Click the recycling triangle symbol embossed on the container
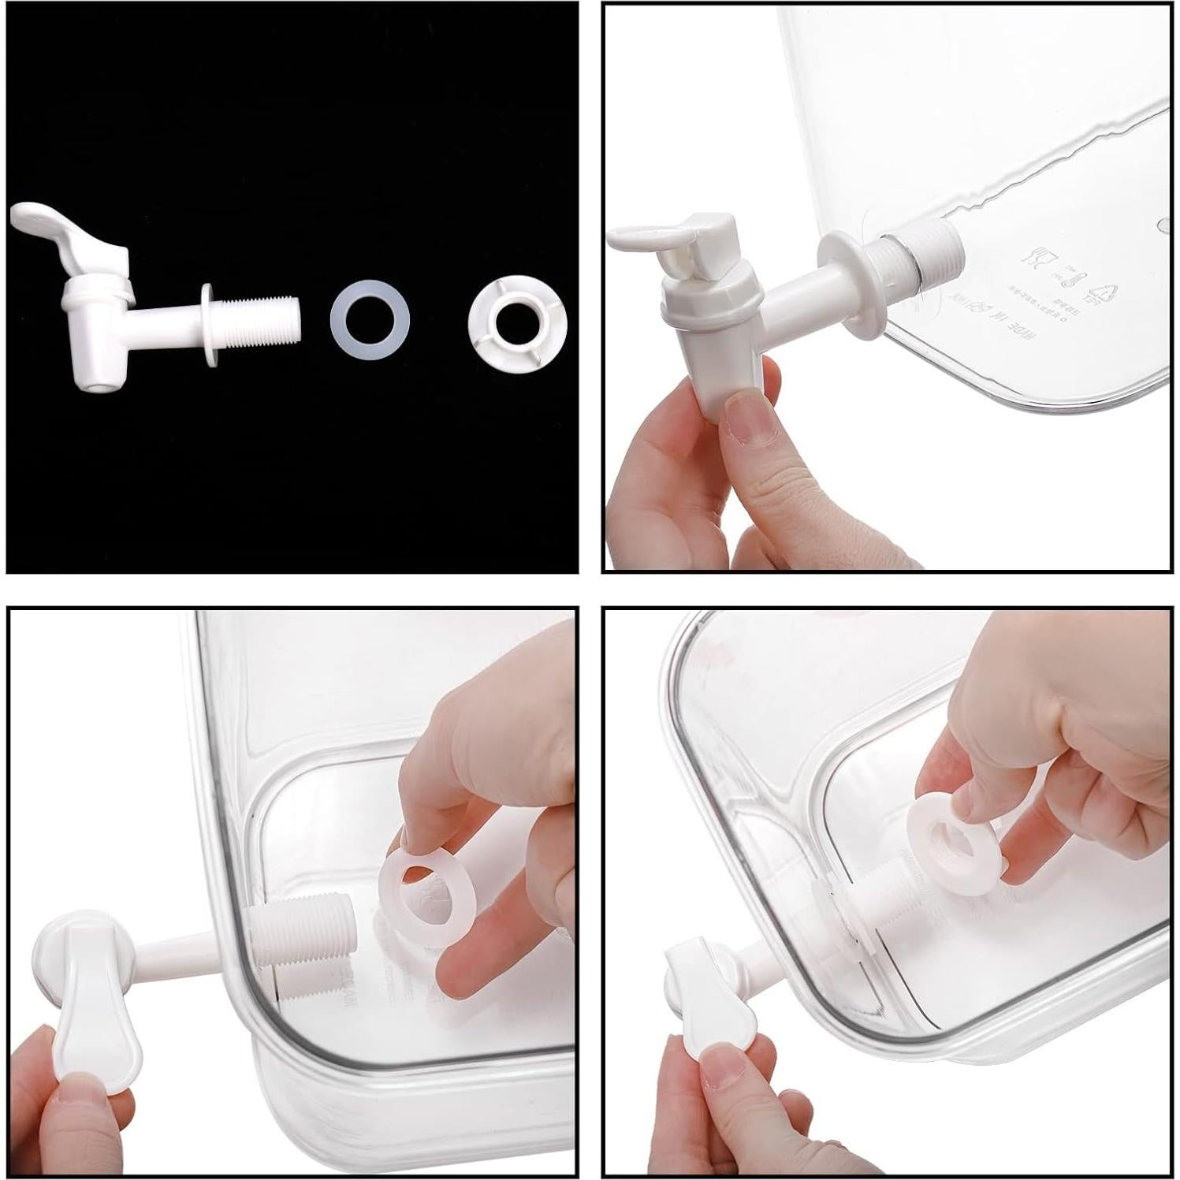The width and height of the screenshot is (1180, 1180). [x=1102, y=292]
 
